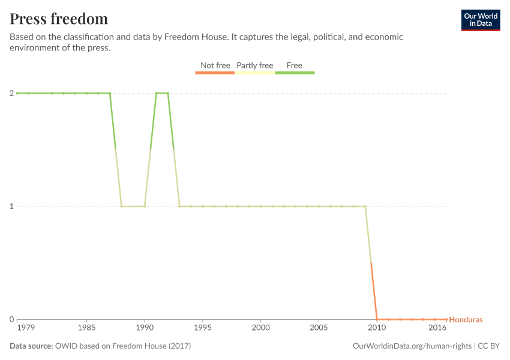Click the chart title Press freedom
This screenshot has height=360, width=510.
(x=59, y=19)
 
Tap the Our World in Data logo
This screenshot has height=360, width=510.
(x=480, y=20)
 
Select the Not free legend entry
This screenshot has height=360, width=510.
(x=215, y=66)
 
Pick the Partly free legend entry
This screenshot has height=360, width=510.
(x=254, y=66)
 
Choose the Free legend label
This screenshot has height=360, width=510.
(x=295, y=66)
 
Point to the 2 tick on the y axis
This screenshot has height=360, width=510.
(x=11, y=93)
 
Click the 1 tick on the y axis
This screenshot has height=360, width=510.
(x=11, y=206)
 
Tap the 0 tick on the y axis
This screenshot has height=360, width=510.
(x=11, y=319)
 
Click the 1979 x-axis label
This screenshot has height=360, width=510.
(x=26, y=328)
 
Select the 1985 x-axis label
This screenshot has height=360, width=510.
(x=86, y=328)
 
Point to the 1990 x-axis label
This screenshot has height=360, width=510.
(x=145, y=328)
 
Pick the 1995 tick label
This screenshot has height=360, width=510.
(x=203, y=328)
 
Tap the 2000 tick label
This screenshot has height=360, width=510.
(x=260, y=328)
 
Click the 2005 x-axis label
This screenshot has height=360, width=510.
(x=319, y=328)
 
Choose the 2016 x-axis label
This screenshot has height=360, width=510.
(x=437, y=328)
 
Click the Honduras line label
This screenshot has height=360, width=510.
(x=466, y=320)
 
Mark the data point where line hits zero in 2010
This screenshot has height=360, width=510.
(x=377, y=319)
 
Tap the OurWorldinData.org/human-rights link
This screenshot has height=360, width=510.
(x=412, y=346)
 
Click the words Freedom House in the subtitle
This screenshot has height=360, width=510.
(x=200, y=37)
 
